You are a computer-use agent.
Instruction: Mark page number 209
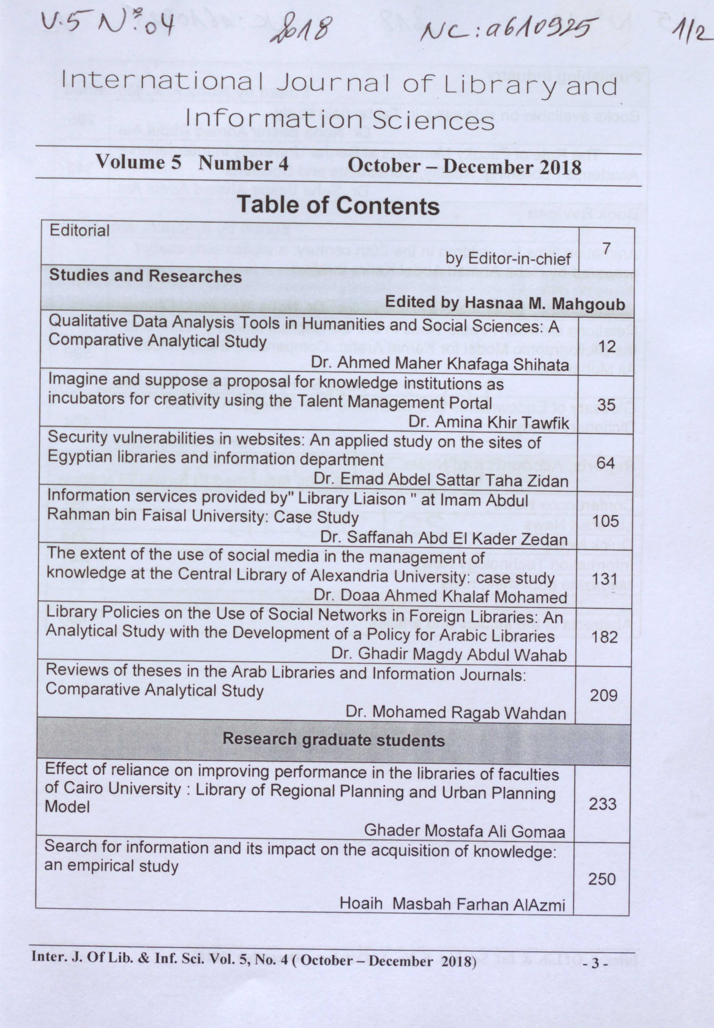603,695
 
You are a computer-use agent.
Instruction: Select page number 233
603,804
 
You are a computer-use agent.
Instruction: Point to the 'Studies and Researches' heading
146,276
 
